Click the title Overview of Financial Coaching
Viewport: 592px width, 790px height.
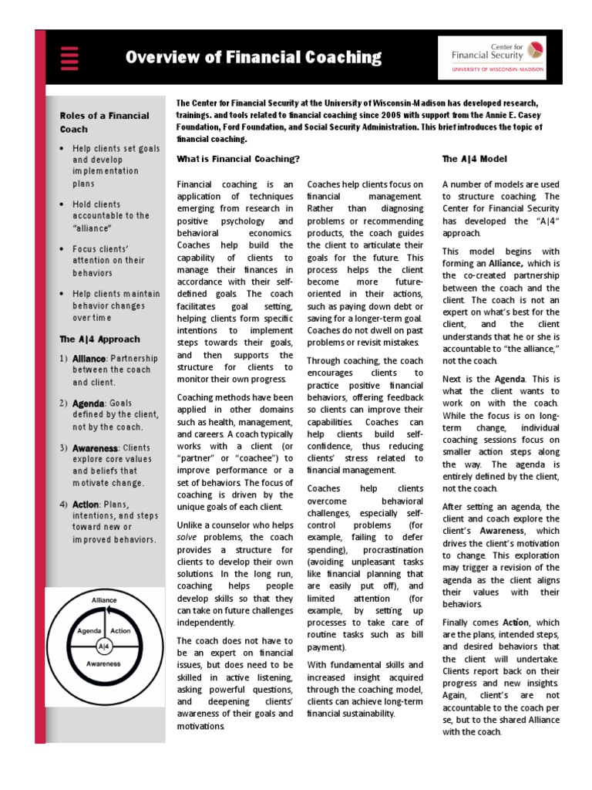pos(253,57)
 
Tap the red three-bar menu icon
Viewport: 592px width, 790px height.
pos(70,58)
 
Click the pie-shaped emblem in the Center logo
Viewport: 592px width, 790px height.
pos(535,50)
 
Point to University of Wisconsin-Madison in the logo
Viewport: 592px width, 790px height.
pos(497,69)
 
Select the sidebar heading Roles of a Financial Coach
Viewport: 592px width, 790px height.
pos(104,122)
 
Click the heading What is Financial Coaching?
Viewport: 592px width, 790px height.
pos(238,159)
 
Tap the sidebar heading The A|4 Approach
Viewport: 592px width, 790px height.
pos(99,339)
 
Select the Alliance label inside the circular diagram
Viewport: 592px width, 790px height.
pos(104,599)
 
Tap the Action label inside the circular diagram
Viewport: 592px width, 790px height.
pos(120,630)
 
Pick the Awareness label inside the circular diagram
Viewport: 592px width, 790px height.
pos(103,663)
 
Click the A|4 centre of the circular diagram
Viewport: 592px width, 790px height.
pos(104,645)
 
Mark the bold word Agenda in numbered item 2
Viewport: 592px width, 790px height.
pos(89,403)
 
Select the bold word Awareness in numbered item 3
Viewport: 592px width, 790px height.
pos(95,447)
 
